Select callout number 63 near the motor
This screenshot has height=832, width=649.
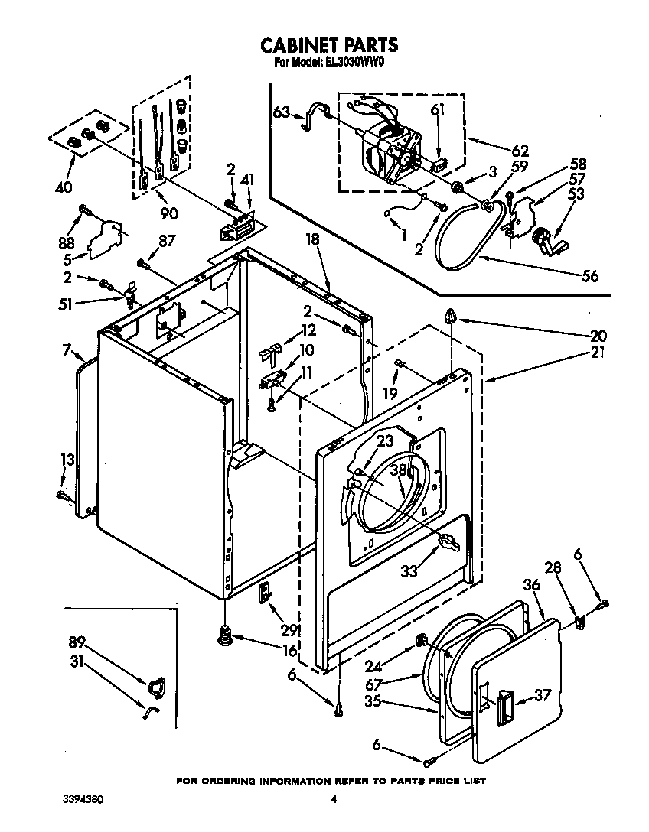click(280, 113)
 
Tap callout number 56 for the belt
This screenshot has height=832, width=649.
click(589, 276)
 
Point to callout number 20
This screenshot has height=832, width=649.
click(598, 335)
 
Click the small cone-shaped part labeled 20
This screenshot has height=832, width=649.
click(451, 315)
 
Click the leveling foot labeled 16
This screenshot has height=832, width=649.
click(225, 633)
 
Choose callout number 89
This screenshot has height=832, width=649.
click(77, 642)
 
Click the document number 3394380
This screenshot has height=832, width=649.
click(82, 799)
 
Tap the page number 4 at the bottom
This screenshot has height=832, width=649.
click(334, 800)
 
